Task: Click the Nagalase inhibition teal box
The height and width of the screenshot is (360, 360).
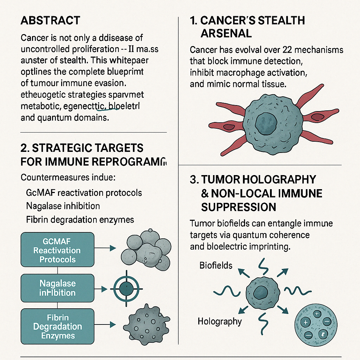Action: [x=58, y=288]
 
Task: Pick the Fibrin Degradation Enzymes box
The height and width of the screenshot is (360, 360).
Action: [x=58, y=326]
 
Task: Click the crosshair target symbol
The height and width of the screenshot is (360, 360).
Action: [x=125, y=289]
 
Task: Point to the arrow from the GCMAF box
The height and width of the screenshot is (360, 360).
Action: [x=105, y=248]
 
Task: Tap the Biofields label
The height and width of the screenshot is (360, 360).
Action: [x=216, y=265]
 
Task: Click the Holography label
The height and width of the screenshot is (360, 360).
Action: [x=220, y=321]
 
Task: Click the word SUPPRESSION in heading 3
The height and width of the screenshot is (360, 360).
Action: [x=238, y=207]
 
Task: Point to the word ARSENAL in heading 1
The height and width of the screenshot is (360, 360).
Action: [x=226, y=33]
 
